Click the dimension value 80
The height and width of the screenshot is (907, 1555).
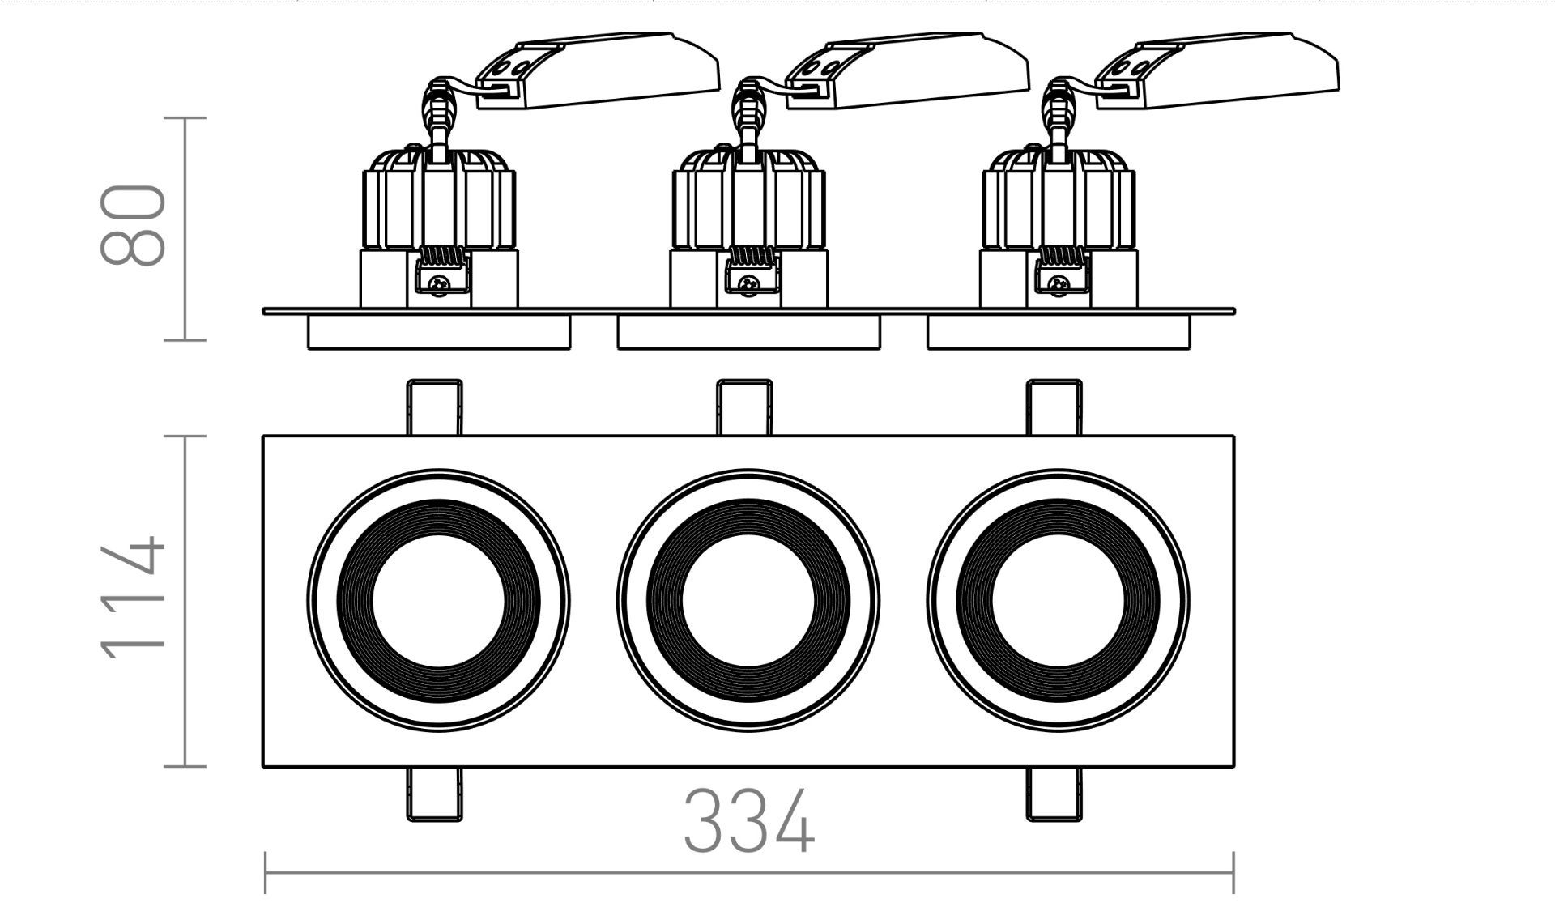tap(134, 225)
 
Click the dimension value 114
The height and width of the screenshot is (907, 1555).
tap(134, 596)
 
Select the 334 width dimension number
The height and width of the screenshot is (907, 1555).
tap(749, 821)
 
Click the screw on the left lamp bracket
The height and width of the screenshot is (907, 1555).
tap(440, 284)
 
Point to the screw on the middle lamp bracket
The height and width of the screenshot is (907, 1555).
tap(750, 284)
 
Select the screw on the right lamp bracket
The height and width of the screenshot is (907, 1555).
tap(1059, 284)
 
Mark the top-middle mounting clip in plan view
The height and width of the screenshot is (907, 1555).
tap(745, 407)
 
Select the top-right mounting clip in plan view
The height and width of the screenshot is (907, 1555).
tap(1054, 407)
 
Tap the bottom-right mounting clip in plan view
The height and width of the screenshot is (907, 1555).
tap(1054, 794)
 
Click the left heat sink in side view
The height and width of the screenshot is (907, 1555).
tap(439, 198)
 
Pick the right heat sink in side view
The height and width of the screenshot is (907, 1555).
tap(1058, 198)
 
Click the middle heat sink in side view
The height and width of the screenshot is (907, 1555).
tap(749, 198)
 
